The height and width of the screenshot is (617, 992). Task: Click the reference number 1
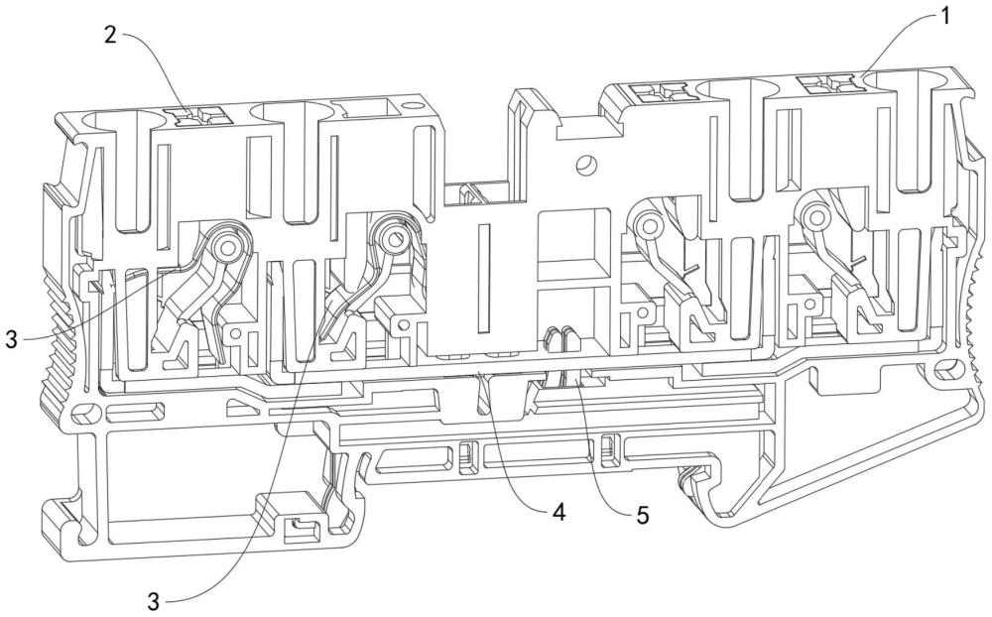click(944, 17)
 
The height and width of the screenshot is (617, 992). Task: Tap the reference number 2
click(110, 36)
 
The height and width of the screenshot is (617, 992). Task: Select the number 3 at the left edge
click(12, 338)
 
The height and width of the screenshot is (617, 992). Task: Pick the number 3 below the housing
click(154, 600)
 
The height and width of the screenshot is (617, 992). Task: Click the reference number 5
click(642, 515)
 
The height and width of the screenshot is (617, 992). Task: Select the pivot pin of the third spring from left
click(648, 224)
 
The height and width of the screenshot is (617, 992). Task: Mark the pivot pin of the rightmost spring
click(814, 218)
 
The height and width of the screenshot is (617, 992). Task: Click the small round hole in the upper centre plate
click(585, 165)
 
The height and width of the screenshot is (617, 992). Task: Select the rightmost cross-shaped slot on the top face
click(827, 82)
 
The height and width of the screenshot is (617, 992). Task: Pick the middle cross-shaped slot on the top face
click(664, 93)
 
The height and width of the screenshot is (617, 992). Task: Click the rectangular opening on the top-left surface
click(366, 109)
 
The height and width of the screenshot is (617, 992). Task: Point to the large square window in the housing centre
click(573, 244)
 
